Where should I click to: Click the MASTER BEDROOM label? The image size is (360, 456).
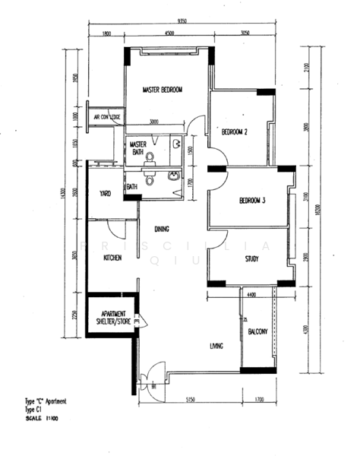click(163, 90)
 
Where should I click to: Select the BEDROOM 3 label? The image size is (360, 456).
click(252, 201)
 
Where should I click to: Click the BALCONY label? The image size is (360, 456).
click(257, 331)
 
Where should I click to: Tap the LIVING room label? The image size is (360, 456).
click(216, 347)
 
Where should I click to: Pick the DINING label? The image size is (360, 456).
click(161, 229)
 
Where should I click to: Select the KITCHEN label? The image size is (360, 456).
click(113, 258)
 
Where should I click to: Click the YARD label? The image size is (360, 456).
click(105, 194)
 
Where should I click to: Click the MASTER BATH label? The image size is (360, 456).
click(137, 148)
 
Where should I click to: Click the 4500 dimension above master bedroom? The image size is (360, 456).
click(169, 33)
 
